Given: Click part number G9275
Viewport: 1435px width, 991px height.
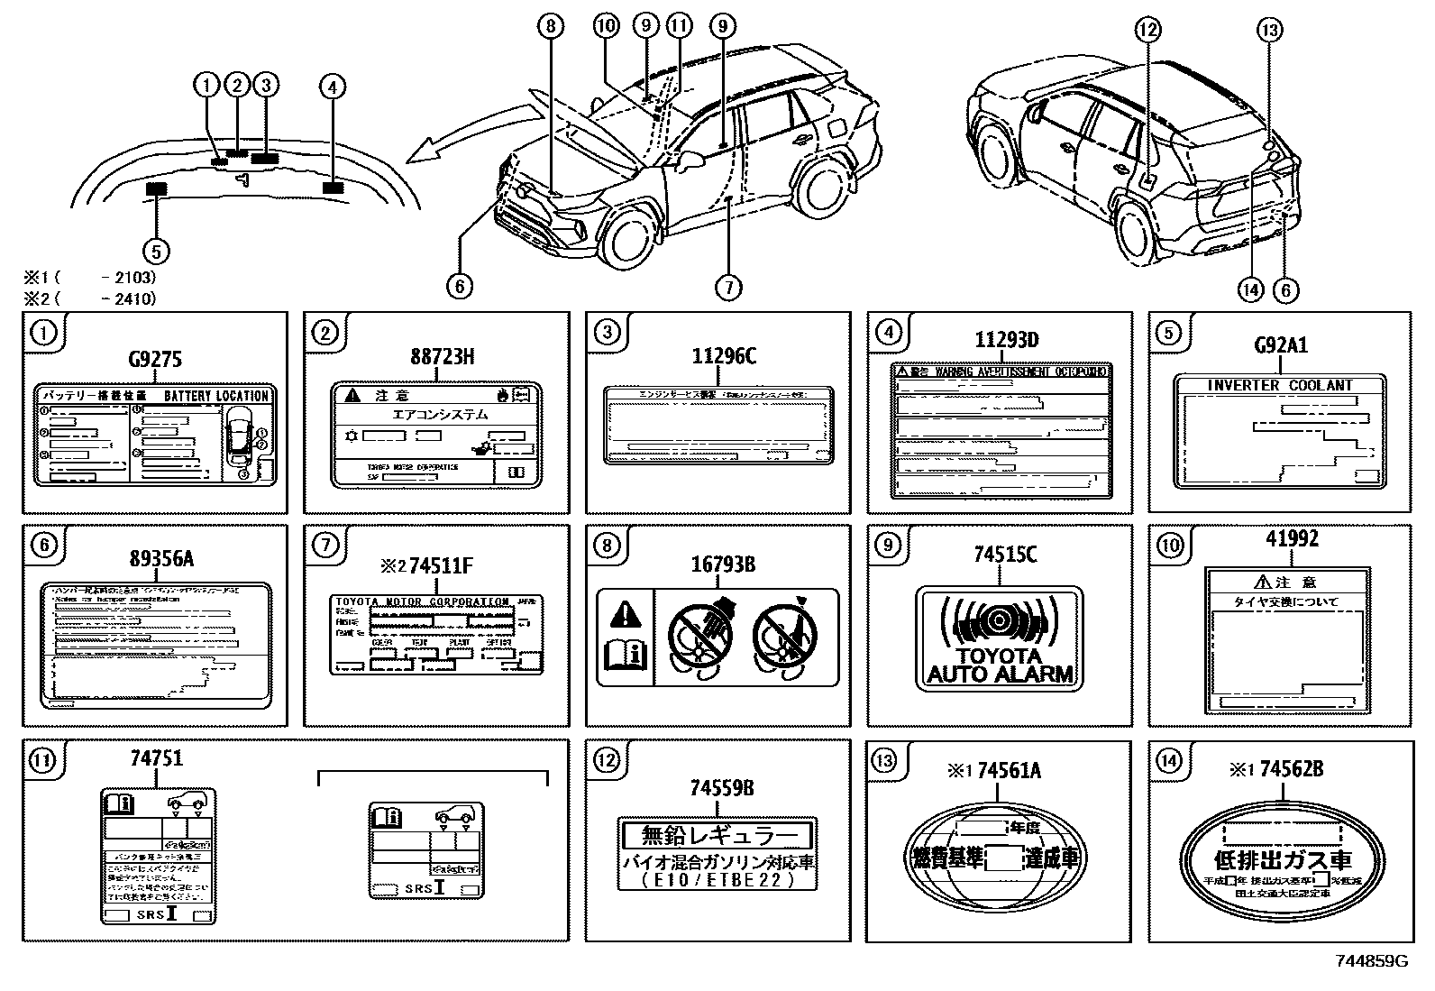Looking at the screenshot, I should click(x=154, y=360).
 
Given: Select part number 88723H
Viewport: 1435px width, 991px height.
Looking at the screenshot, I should click(x=442, y=356).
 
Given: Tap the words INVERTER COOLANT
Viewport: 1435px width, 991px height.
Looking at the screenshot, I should click(x=1279, y=385).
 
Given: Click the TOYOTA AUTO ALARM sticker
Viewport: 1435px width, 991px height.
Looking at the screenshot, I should click(x=999, y=638).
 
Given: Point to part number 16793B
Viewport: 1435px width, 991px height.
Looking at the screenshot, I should click(x=722, y=565).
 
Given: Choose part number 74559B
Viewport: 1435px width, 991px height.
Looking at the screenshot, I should click(x=722, y=788).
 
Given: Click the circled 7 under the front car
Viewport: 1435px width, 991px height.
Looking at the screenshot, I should click(x=727, y=287).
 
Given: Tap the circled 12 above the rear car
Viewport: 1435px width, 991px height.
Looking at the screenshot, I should click(x=1147, y=31).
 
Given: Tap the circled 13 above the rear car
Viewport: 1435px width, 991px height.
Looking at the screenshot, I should click(x=1269, y=31).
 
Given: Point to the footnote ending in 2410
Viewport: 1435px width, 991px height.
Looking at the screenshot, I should click(x=90, y=298).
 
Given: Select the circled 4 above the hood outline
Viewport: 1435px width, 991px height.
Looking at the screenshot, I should click(x=332, y=87).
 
